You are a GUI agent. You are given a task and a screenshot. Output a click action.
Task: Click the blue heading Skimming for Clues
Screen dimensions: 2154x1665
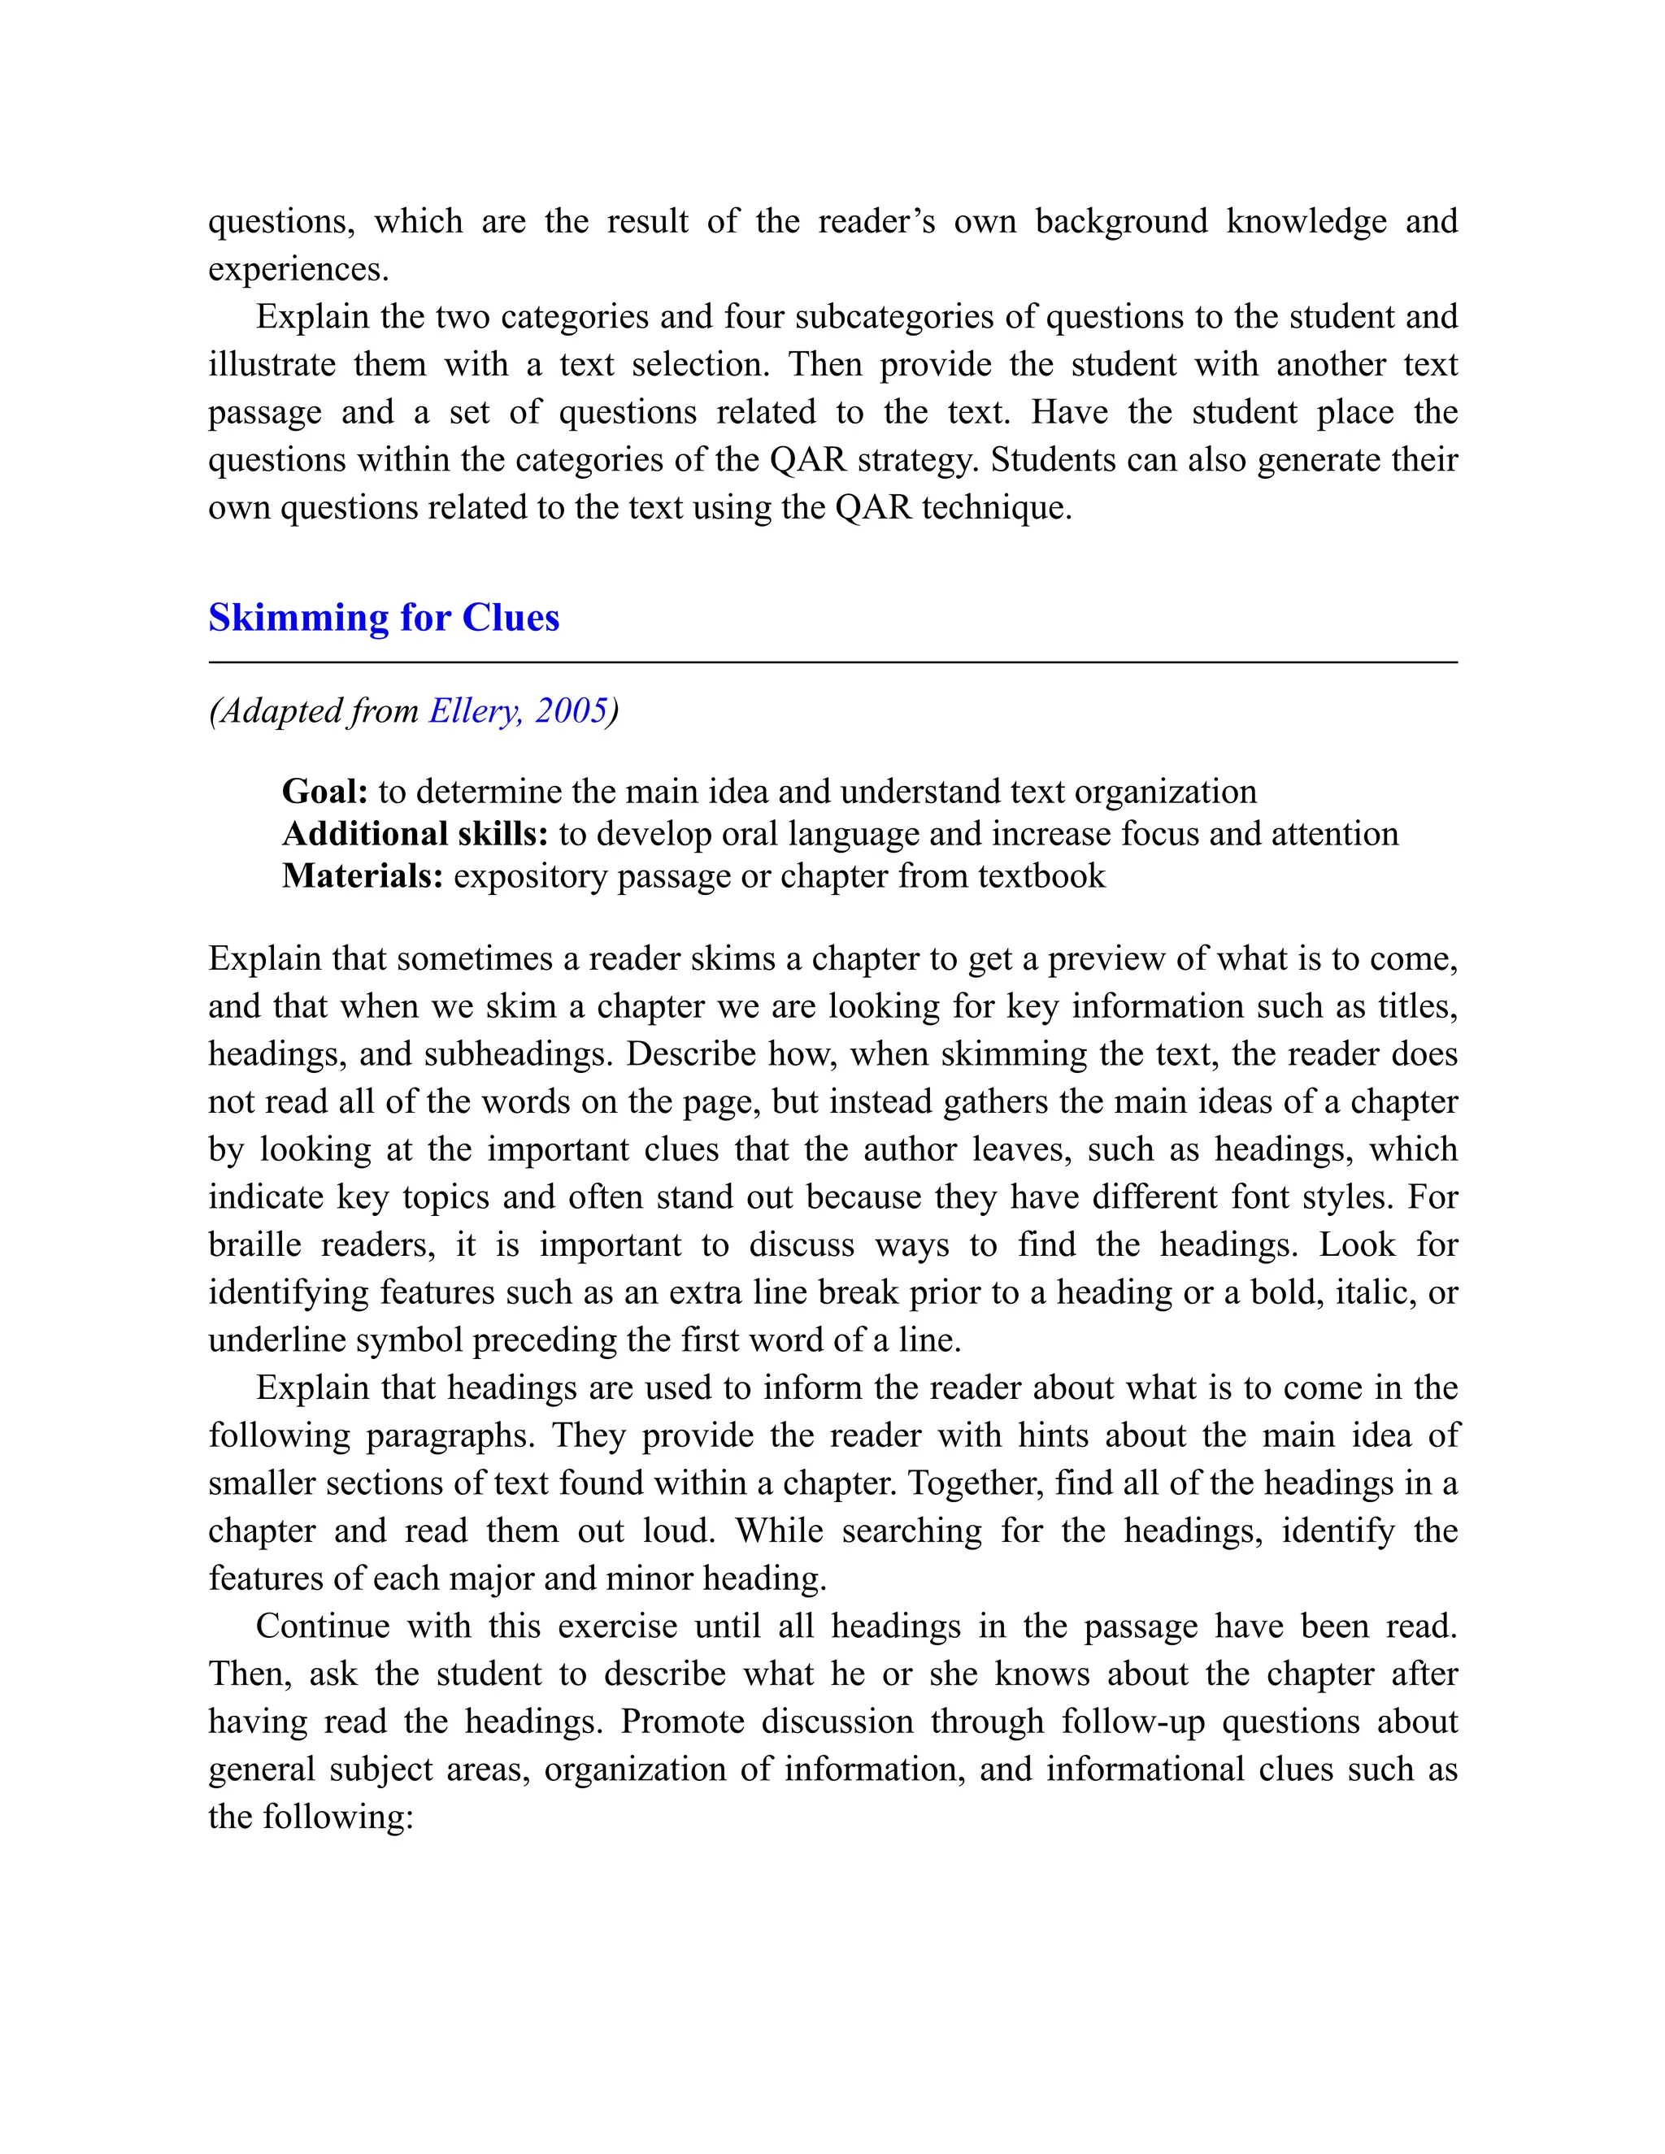pyautogui.click(x=384, y=619)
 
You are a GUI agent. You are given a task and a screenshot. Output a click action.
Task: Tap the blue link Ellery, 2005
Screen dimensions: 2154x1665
pyautogui.click(x=518, y=711)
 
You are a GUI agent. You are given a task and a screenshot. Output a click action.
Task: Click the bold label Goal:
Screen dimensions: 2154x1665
pyautogui.click(x=324, y=792)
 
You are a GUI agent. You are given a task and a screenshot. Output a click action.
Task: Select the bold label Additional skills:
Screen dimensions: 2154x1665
pyautogui.click(x=415, y=835)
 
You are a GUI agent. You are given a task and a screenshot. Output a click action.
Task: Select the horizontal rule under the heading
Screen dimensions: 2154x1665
pyautogui.click(x=832, y=662)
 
